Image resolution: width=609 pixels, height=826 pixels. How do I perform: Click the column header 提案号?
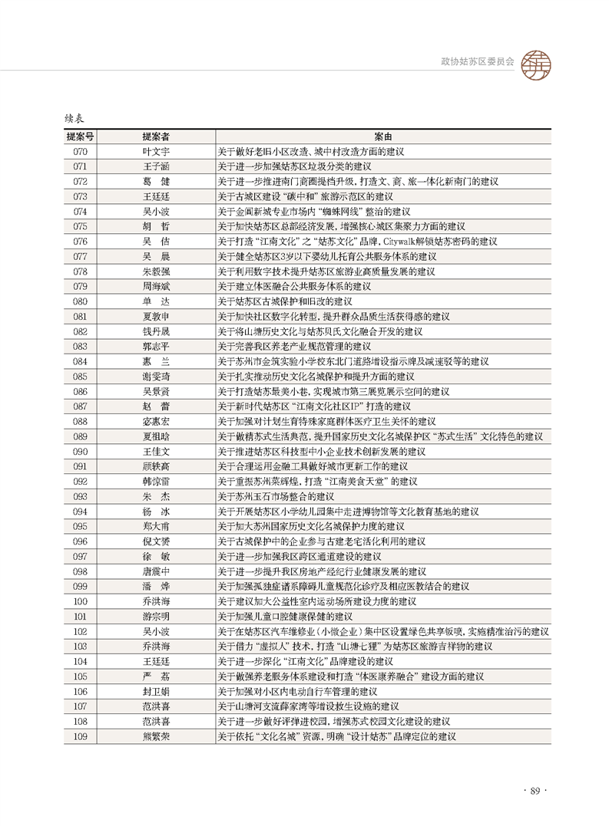[x=80, y=137]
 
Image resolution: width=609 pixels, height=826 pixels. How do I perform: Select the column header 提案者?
[x=156, y=137]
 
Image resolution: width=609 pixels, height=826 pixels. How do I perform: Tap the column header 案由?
[x=382, y=137]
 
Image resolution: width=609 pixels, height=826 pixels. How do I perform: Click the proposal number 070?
[x=80, y=151]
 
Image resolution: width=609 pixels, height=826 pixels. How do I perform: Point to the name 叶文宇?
[x=156, y=151]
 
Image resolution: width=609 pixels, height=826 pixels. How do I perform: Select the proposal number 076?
[x=80, y=241]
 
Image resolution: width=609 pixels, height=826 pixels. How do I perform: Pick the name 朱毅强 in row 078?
[x=156, y=271]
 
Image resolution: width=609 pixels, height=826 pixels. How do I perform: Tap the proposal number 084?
[x=80, y=360]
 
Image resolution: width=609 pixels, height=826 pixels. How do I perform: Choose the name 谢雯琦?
[x=156, y=376]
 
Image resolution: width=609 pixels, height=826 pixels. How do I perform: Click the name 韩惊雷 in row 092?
[x=156, y=481]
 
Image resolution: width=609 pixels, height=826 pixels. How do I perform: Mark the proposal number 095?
[x=80, y=526]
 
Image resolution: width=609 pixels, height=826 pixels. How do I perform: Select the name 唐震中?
[x=156, y=571]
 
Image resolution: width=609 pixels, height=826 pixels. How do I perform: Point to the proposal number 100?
[x=80, y=601]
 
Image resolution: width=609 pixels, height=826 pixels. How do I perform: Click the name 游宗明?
[x=156, y=616]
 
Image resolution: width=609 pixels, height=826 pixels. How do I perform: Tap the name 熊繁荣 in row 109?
[x=156, y=736]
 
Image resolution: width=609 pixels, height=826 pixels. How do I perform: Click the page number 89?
[x=535, y=791]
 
